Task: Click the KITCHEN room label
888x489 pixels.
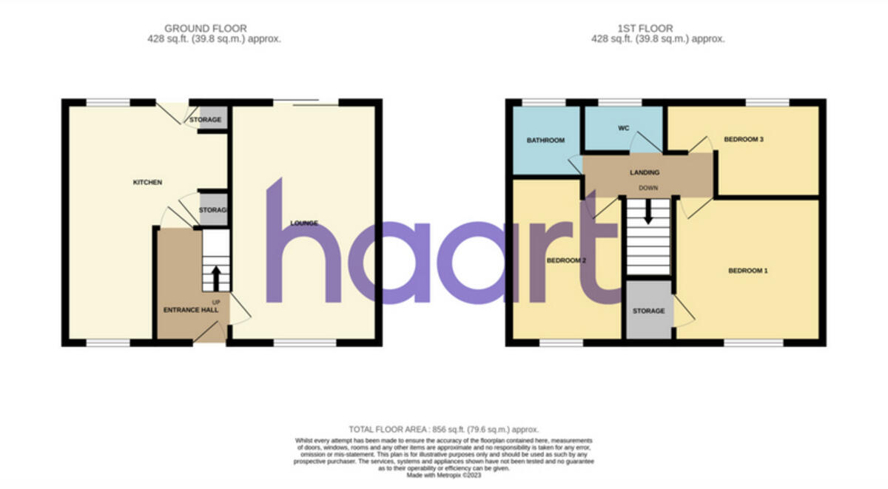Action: coord(147,182)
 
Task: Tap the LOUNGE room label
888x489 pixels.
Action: coord(304,223)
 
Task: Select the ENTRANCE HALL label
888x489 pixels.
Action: coord(191,310)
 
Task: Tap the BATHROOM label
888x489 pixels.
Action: coord(545,140)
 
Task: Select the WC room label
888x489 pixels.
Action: coord(623,128)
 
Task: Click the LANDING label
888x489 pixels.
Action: coord(645,172)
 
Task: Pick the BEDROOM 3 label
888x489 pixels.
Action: coord(744,138)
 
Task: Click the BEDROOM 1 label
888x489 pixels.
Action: coord(748,271)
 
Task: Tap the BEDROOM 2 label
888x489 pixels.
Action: coord(566,260)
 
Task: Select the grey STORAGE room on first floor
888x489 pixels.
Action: coord(648,311)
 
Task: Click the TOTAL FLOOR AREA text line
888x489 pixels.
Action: coord(444,429)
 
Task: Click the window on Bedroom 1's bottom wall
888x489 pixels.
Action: coord(753,343)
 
